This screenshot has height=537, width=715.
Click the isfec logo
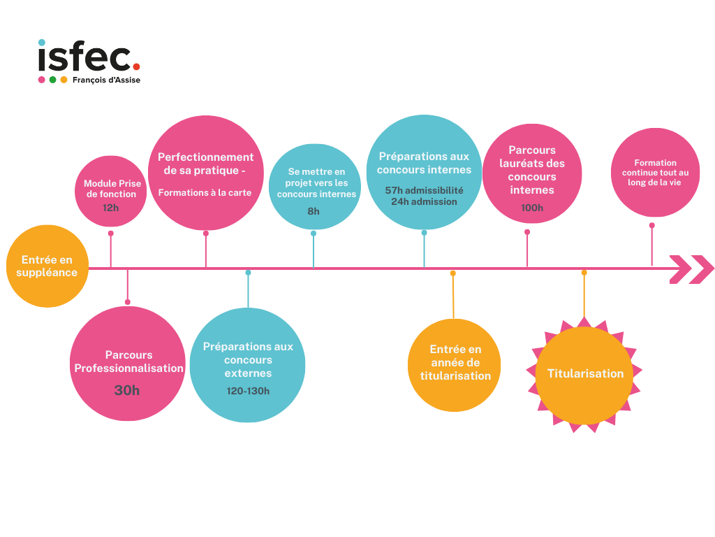coord(89,62)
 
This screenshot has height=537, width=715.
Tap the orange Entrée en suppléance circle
coord(47,266)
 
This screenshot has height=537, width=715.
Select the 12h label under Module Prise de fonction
coord(110,208)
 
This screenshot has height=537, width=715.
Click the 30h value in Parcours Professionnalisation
coord(127,390)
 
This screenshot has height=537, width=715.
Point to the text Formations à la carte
coord(205,192)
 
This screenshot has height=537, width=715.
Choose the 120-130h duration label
coord(248,391)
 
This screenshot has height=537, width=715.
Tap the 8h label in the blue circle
coord(314,211)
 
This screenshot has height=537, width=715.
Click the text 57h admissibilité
coord(424,190)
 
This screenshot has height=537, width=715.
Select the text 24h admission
coord(424,201)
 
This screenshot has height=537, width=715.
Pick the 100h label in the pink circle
coord(532,208)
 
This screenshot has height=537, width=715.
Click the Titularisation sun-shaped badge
coord(585,373)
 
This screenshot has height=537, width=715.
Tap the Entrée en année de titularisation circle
coord(455,364)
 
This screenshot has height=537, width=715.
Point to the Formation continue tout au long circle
coord(655,173)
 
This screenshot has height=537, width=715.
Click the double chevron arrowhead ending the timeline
coord(691,269)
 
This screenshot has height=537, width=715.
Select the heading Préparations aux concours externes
coord(248,359)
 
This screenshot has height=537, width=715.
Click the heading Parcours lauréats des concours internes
coord(532,170)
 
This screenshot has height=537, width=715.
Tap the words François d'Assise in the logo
coord(106,80)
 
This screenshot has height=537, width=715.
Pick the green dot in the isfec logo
coord(52,80)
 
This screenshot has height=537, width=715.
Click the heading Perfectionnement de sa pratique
coord(205,164)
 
